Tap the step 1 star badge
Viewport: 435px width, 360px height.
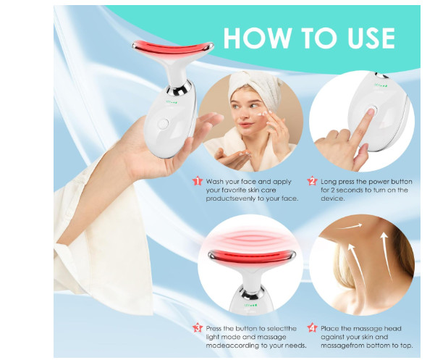[198, 182]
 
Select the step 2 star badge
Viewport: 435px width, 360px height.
[313, 182]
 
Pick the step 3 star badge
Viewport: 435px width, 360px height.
[198, 328]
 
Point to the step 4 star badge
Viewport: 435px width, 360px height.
[313, 328]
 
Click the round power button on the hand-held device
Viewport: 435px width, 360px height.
[164, 124]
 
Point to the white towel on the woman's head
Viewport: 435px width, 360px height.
[254, 83]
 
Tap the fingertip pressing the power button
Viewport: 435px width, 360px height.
[371, 112]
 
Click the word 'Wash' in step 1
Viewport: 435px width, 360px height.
[214, 182]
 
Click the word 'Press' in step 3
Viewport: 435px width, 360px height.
[214, 329]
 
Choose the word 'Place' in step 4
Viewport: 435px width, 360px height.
[330, 329]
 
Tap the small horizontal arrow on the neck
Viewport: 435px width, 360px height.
[350, 227]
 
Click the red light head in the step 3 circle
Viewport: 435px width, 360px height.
[251, 256]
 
